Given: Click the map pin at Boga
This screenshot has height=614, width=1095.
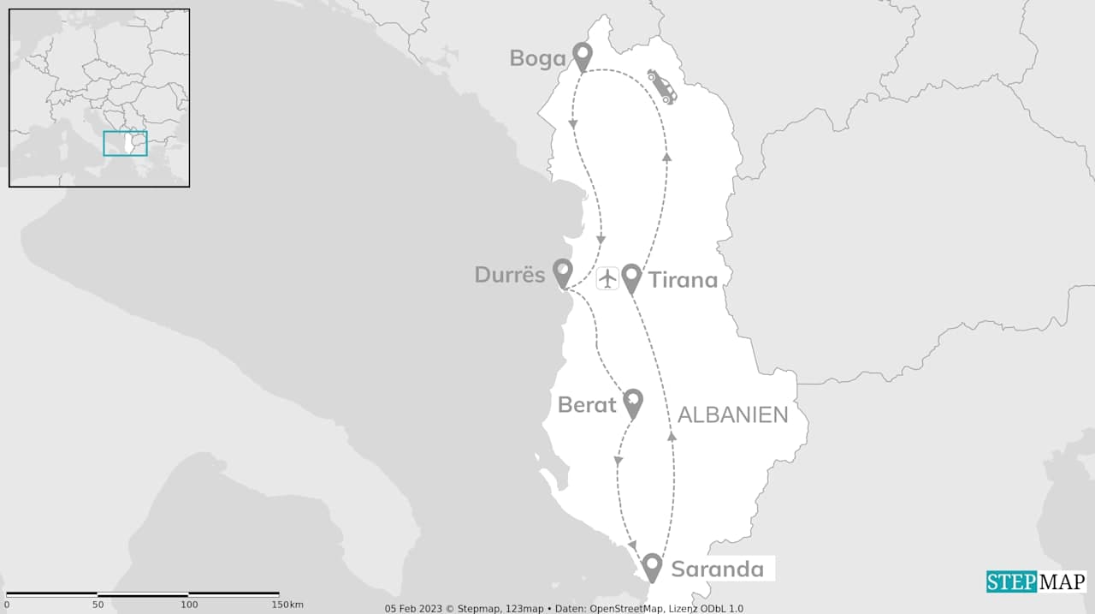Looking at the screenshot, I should point(583,56).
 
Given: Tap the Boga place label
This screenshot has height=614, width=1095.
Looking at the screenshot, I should point(537,58).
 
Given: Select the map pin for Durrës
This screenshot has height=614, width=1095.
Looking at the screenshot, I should point(562,272).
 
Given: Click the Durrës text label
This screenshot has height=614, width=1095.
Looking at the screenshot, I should point(510,275).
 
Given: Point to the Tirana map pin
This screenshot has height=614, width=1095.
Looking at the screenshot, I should point(631,277).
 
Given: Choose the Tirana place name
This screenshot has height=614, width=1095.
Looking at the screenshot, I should point(683,280).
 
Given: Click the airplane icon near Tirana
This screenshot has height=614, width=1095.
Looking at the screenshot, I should point(607,278).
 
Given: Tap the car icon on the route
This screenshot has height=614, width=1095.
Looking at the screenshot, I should point(661,86).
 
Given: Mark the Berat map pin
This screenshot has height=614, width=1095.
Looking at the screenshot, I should point(632,402).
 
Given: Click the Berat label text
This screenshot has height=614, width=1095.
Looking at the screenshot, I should point(587,405).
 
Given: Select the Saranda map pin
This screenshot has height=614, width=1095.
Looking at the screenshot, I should point(652,566).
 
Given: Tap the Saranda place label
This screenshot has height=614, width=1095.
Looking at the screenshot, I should point(717,569).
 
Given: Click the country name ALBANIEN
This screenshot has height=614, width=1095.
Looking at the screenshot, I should point(732,415).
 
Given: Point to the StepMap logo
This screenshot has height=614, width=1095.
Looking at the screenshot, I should point(1036,582).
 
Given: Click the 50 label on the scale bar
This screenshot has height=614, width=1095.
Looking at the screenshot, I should point(98,605).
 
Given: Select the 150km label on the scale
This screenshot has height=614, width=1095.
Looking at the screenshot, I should point(287,605).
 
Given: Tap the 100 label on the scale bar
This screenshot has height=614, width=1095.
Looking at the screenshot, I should point(189,605).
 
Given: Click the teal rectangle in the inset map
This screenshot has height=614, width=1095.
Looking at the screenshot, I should point(125,143).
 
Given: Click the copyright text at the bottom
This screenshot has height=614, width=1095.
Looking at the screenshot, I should point(564,608).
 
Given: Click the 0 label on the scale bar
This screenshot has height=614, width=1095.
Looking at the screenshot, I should point(7,605).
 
